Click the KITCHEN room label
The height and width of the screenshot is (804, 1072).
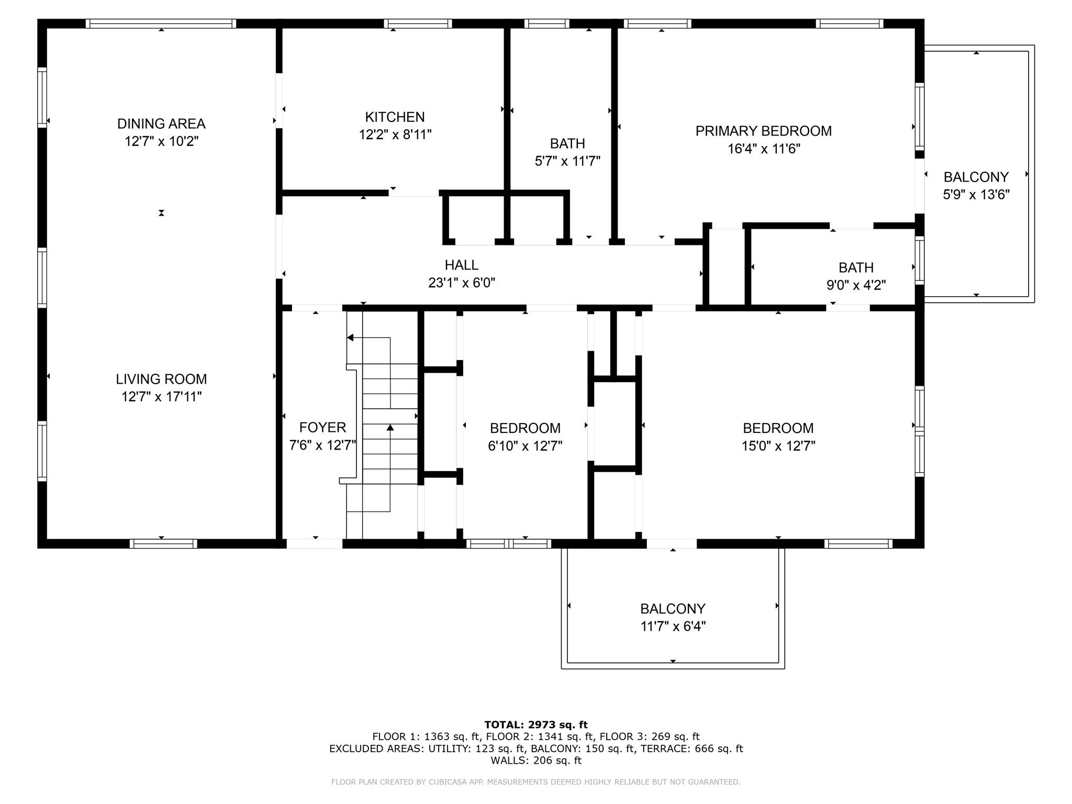point(395,117)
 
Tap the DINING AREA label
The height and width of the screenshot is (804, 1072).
point(161,124)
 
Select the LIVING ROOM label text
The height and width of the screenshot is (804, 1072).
point(161,379)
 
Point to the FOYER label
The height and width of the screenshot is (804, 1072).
point(322,428)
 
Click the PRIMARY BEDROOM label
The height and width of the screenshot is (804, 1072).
point(763,131)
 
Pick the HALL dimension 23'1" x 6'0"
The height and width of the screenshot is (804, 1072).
point(461,283)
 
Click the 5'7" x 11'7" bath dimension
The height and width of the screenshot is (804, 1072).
point(567,161)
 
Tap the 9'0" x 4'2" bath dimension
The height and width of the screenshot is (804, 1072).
point(856,285)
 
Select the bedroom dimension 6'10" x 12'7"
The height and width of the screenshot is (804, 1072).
point(525,446)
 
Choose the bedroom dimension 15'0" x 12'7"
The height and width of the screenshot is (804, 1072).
point(778,446)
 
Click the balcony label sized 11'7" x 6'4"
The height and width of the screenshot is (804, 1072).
point(673,609)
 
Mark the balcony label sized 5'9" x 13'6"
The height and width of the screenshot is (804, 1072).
point(976,177)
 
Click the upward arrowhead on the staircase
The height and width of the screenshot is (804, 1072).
point(390,428)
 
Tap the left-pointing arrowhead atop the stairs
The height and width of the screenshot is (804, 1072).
point(350,338)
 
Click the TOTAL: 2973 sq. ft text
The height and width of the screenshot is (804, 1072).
point(535,725)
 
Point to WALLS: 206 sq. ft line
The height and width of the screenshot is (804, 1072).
point(535,761)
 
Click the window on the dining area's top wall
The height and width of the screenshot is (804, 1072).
point(161,24)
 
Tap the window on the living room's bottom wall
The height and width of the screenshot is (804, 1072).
point(163,544)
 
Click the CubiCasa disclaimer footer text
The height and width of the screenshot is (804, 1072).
point(535,782)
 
